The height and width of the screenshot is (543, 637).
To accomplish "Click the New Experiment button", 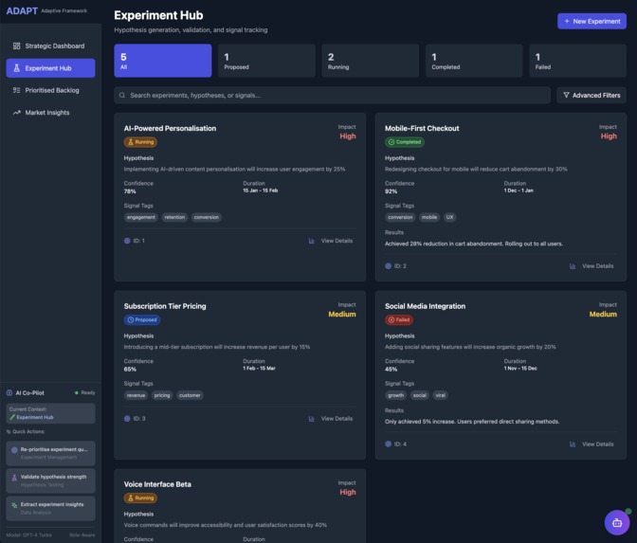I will (591, 21).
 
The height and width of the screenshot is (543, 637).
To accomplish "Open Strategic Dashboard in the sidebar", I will (54, 45).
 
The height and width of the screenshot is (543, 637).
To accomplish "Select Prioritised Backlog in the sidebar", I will (52, 90).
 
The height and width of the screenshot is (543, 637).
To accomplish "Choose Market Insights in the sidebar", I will (46, 113).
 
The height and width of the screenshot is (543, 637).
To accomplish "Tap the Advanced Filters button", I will (591, 95).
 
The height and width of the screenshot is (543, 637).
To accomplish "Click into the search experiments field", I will (332, 95).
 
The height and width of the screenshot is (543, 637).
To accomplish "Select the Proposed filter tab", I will (265, 61).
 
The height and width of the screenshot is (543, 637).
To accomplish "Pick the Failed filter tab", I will (575, 61).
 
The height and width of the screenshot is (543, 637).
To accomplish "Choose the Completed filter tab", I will (472, 61).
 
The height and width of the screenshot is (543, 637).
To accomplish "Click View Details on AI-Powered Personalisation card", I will (331, 241).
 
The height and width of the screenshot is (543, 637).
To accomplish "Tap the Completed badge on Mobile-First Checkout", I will (405, 142).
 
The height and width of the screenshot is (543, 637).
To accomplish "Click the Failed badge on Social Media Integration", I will (399, 320).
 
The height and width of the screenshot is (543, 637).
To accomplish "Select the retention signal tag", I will (174, 217).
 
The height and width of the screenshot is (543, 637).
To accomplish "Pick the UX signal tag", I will (450, 217).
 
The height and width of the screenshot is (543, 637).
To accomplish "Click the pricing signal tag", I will (162, 395).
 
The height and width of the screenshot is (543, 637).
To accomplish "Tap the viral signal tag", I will (441, 395).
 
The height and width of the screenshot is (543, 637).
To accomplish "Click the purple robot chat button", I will (617, 522).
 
